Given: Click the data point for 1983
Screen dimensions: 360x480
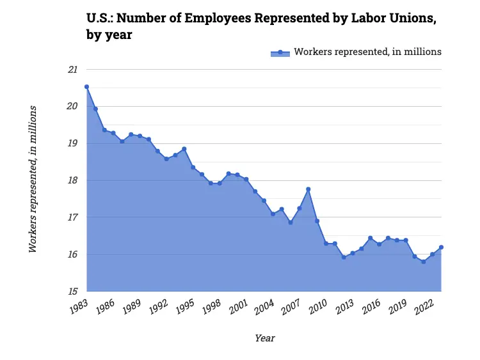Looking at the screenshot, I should coord(86,86).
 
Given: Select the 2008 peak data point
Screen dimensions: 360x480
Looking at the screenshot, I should coord(308,189).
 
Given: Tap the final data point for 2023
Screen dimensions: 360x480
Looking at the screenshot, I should coord(442,247).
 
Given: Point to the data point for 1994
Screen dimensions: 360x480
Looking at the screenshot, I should coord(184,149).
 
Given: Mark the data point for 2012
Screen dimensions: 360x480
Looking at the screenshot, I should coord(344,257).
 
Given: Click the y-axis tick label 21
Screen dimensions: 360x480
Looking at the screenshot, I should coord(72,69).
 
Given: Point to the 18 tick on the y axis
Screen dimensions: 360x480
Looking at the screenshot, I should coord(72,180).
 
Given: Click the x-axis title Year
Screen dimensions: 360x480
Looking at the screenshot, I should coord(264,338).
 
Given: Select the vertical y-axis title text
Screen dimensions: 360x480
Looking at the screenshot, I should coord(33,179).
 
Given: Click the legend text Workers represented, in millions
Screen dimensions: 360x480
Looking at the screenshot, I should coord(367,52).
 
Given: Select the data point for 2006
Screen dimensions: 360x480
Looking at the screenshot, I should coord(291,223).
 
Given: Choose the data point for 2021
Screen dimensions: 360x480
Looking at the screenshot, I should coord(424,262).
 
